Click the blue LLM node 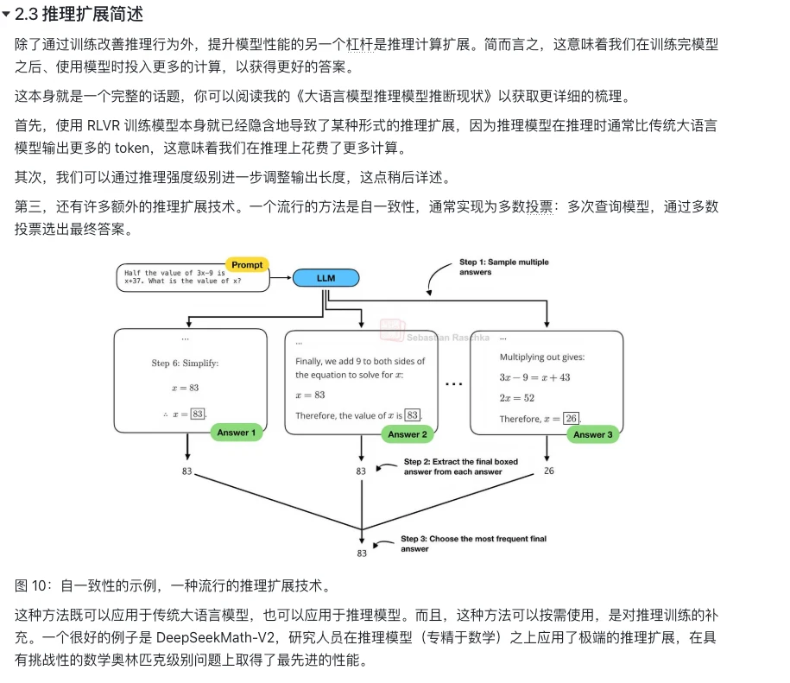[326, 278]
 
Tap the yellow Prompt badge [247, 264]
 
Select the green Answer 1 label [237, 433]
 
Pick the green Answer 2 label [408, 434]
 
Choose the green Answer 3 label [592, 434]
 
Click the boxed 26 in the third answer [571, 418]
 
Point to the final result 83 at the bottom [362, 553]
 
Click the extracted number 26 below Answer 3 [548, 471]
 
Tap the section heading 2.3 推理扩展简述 [79, 14]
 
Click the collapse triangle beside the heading [6, 14]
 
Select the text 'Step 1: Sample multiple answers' [504, 267]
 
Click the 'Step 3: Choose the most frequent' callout [474, 543]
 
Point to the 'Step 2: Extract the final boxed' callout [460, 466]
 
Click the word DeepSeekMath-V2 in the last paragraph [216, 637]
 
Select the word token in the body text [132, 149]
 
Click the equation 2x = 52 [517, 398]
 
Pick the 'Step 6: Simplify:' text [185, 364]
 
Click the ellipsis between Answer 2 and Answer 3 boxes [453, 384]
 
